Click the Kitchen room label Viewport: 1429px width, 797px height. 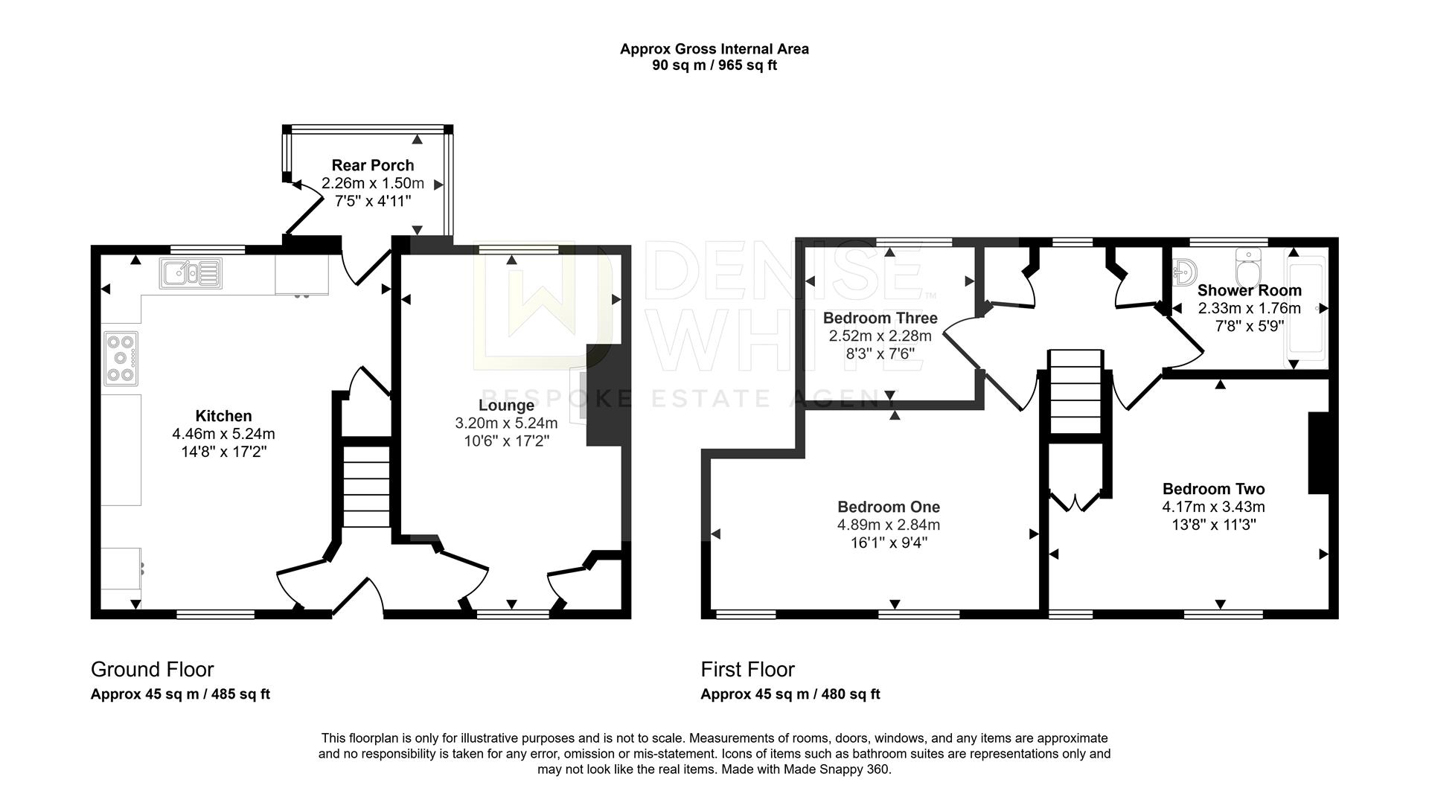(223, 416)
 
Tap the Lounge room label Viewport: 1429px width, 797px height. (506, 406)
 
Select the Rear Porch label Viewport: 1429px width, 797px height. (373, 165)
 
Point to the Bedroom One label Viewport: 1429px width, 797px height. (889, 507)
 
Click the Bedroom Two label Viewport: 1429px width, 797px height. (1214, 489)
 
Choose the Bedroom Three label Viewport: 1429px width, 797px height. (880, 318)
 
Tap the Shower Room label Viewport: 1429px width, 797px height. (1250, 290)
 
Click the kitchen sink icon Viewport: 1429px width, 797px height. (191, 273)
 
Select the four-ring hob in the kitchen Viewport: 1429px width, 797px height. (121, 359)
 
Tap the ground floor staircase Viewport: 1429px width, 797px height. (366, 487)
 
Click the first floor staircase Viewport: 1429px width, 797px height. (1075, 391)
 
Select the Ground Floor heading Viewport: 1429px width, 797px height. (153, 670)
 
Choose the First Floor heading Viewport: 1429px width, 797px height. (748, 670)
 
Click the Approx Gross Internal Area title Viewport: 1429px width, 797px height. (714, 49)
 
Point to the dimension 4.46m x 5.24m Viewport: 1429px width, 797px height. (223, 434)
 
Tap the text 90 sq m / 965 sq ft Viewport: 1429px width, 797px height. (714, 65)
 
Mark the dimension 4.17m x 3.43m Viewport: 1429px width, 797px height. (1214, 507)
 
